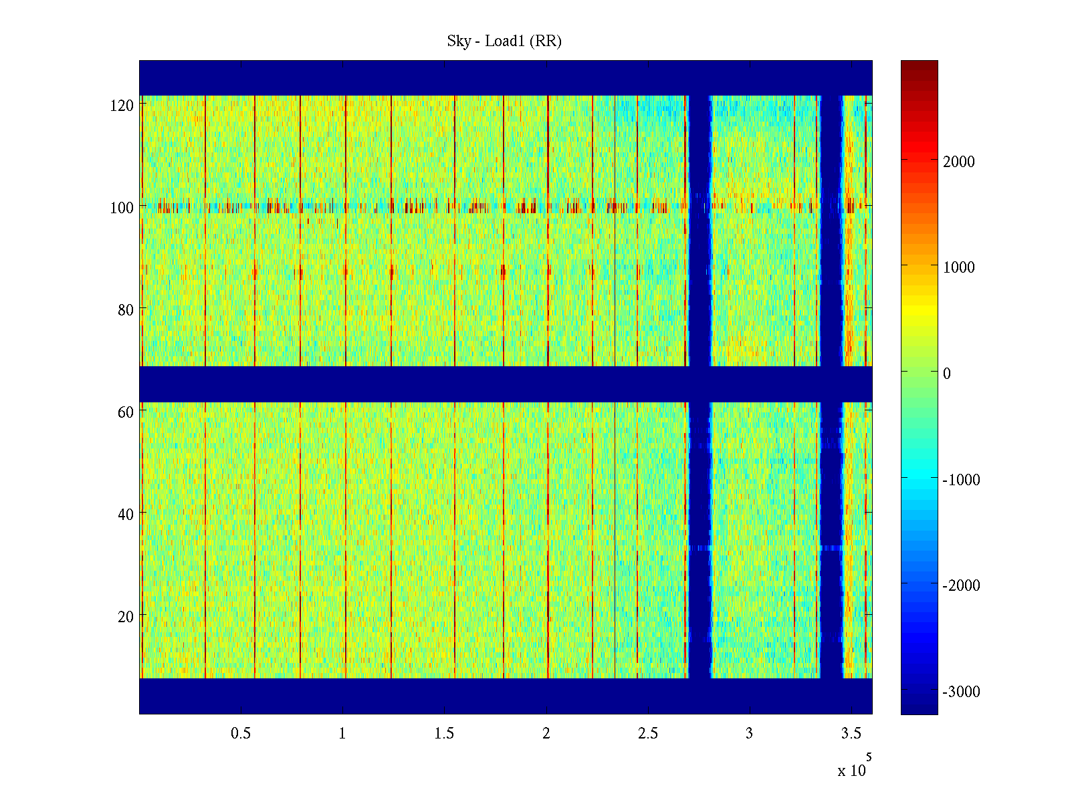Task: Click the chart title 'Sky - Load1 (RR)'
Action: (x=504, y=41)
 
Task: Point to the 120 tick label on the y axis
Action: (x=122, y=106)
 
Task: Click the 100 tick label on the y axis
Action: (x=122, y=208)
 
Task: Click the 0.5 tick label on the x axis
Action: (x=241, y=734)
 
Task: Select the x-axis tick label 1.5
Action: (x=444, y=734)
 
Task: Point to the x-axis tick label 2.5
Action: (x=647, y=734)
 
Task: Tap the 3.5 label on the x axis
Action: (x=851, y=734)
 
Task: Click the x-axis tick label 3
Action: (x=749, y=734)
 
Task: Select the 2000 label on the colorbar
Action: (x=959, y=162)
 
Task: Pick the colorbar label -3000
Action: (x=961, y=692)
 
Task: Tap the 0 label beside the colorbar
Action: (x=946, y=374)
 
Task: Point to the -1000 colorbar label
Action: (x=961, y=480)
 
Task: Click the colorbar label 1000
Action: (x=959, y=267)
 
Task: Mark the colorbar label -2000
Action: (x=961, y=585)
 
